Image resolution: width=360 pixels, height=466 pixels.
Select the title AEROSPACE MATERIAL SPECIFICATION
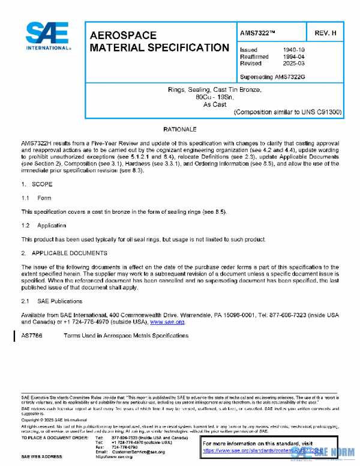coord(158,41)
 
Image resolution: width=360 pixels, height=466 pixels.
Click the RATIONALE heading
coord(180,129)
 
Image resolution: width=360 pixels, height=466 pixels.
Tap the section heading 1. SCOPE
coord(37,184)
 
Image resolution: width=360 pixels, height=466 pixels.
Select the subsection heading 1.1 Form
coord(37,198)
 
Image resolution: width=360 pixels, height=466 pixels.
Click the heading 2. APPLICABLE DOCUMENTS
coord(64,253)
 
